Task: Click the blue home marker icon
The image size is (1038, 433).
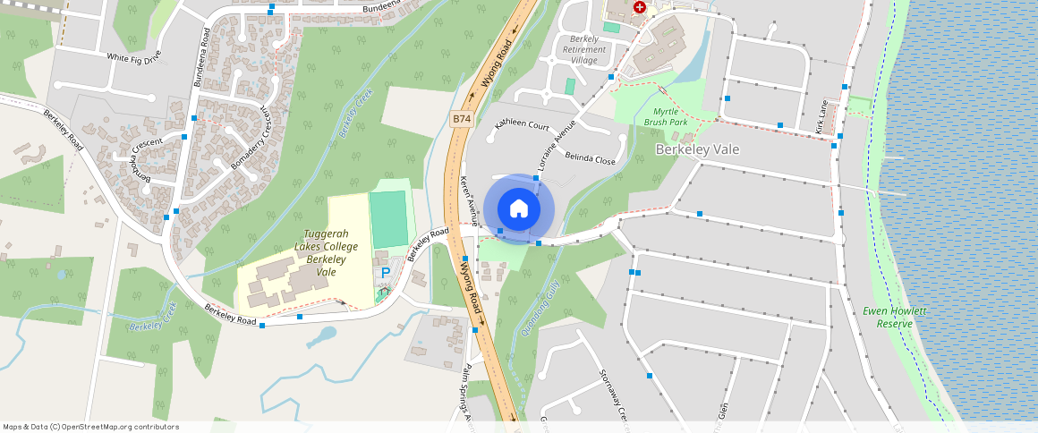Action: point(518,209)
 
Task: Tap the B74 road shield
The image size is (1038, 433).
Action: point(461,118)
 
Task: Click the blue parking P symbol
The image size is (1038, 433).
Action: point(386,273)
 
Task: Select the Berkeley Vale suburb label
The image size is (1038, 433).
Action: point(697,149)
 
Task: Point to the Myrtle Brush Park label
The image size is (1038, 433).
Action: point(665,116)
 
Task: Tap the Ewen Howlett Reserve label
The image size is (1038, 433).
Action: point(894,317)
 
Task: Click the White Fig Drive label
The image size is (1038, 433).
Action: point(134,57)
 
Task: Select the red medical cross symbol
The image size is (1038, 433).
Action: point(640,7)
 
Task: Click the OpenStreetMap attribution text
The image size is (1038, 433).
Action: point(90,427)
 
